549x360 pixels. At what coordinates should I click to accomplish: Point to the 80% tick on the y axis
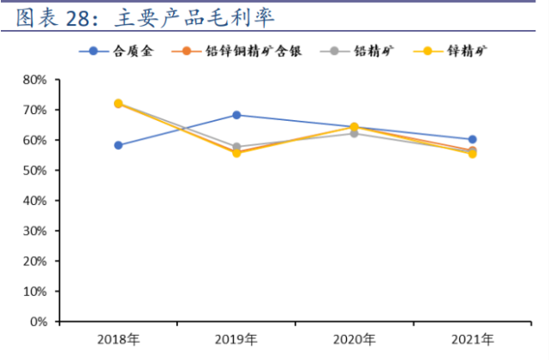pyautogui.click(x=34, y=80)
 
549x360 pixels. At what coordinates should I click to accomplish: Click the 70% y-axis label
pyautogui.click(x=34, y=110)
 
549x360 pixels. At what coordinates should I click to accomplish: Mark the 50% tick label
pyautogui.click(x=34, y=171)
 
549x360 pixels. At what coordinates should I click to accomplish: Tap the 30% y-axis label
pyautogui.click(x=34, y=231)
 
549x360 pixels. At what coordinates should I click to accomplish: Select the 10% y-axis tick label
pyautogui.click(x=34, y=292)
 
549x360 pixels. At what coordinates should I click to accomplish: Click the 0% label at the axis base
pyautogui.click(x=38, y=322)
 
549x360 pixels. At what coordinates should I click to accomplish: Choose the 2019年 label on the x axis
pyautogui.click(x=236, y=339)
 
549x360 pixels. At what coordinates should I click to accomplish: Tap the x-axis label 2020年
pyautogui.click(x=354, y=339)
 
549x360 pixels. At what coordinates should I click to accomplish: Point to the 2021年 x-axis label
pyautogui.click(x=472, y=339)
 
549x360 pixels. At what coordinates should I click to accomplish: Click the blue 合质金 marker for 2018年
pyautogui.click(x=118, y=145)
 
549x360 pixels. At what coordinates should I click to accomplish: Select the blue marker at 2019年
pyautogui.click(x=236, y=115)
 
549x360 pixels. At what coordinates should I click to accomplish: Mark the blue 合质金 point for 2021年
pyautogui.click(x=472, y=139)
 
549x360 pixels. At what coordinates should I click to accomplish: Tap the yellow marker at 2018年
pyautogui.click(x=118, y=103)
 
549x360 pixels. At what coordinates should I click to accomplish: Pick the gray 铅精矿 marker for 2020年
pyautogui.click(x=354, y=134)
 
